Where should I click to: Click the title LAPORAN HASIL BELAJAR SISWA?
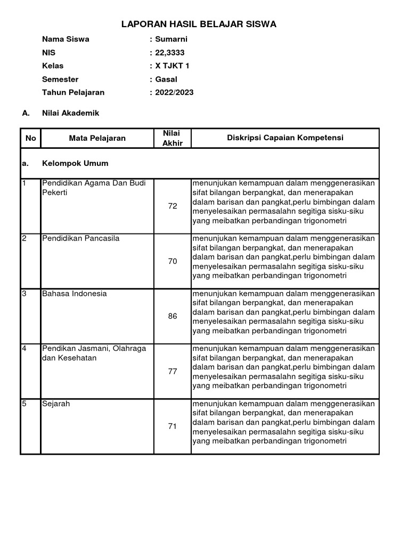click(199, 25)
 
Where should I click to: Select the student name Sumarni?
click(171, 39)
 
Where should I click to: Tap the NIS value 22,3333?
click(170, 52)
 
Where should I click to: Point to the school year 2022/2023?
click(174, 92)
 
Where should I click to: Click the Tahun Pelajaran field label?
click(73, 92)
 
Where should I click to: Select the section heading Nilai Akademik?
click(70, 113)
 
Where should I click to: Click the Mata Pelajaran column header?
click(97, 138)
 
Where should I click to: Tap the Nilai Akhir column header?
click(172, 138)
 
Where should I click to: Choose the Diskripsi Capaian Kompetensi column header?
click(285, 138)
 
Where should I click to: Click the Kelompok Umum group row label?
click(75, 163)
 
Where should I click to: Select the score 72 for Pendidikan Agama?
click(172, 206)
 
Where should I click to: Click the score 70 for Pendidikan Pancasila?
click(172, 261)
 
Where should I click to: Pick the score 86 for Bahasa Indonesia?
click(172, 316)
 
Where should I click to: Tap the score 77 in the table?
click(172, 371)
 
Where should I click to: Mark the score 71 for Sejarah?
click(172, 427)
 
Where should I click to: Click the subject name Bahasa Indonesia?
click(75, 293)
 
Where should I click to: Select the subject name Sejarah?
click(56, 404)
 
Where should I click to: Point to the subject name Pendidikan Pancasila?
click(81, 238)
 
